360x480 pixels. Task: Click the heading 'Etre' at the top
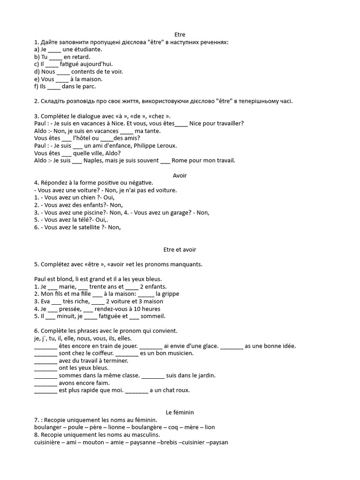point(180,35)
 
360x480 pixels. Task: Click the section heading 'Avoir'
point(180,175)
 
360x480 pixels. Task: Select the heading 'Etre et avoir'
point(180,250)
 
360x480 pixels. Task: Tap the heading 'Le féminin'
point(180,412)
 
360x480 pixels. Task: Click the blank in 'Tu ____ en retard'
point(55,57)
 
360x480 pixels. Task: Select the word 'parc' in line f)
point(90,86)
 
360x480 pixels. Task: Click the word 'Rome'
point(180,160)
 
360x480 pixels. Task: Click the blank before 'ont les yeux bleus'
point(45,368)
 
